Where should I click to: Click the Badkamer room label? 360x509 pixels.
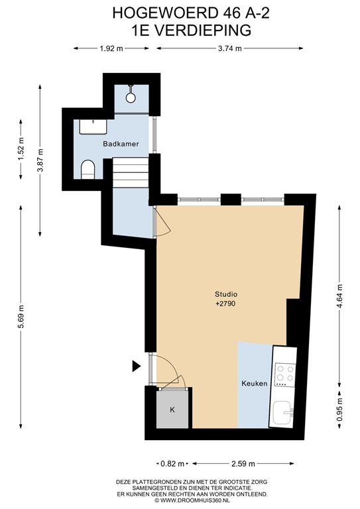tap(121, 144)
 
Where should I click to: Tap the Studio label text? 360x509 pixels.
tap(226, 294)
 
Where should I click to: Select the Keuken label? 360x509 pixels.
tap(255, 383)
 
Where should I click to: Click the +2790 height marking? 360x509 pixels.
tap(225, 304)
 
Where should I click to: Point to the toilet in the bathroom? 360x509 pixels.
tap(88, 170)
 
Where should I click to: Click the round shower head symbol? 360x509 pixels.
tap(131, 97)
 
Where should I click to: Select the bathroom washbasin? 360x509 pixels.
tap(93, 127)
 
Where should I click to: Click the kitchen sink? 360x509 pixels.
tap(283, 413)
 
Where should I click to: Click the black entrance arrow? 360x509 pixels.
tap(137, 366)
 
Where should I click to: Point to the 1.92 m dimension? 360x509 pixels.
tap(111, 48)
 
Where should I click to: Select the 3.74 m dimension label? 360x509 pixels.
tap(230, 48)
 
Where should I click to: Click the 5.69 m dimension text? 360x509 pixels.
tap(21, 317)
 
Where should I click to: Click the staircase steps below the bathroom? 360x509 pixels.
tap(131, 172)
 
